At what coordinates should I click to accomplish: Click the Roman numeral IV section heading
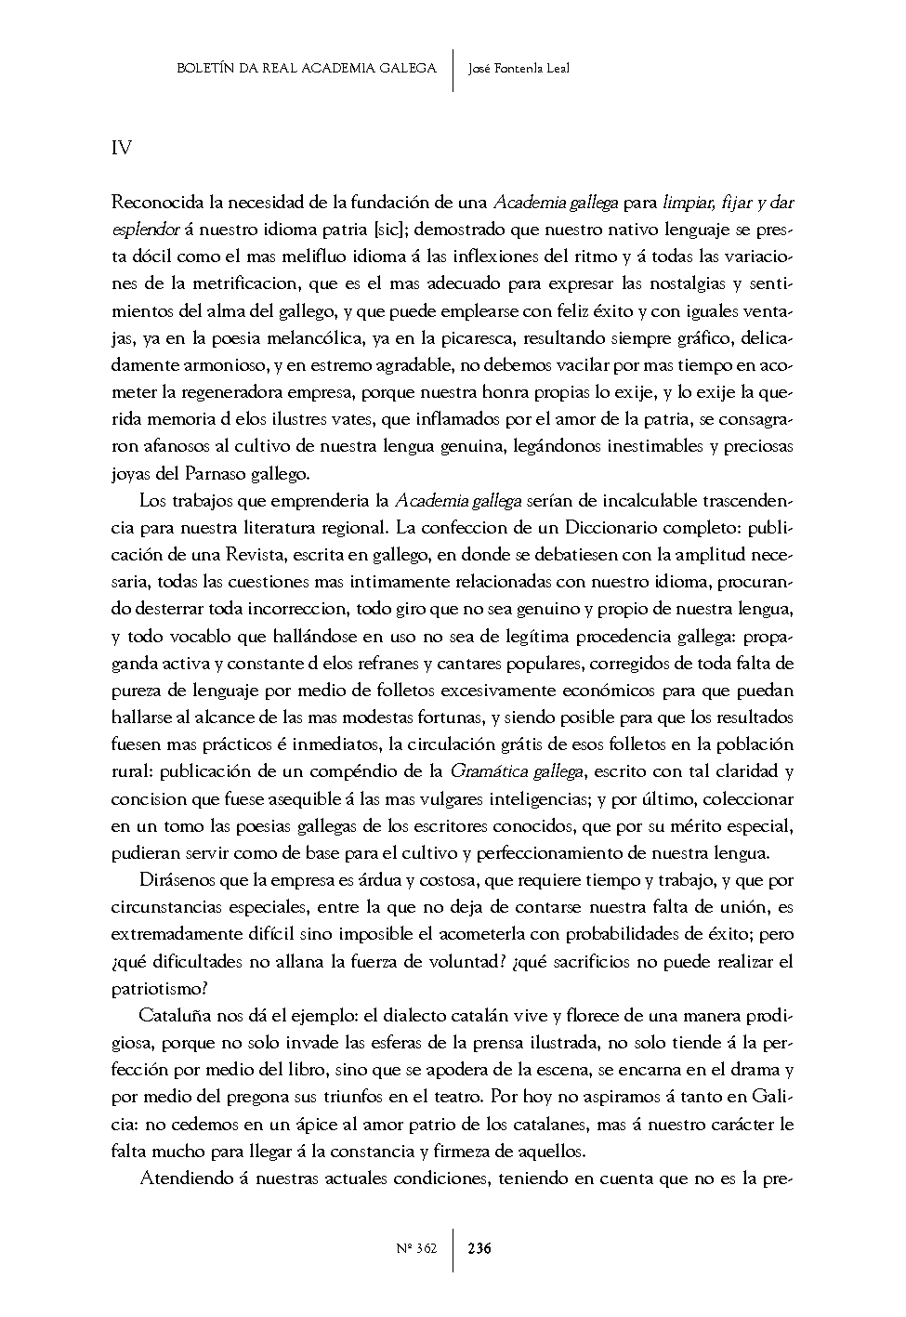tap(121, 148)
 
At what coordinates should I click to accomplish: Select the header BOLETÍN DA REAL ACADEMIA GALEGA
tap(306, 68)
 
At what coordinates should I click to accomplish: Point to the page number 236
tap(479, 1248)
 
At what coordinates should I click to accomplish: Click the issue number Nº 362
tap(415, 1248)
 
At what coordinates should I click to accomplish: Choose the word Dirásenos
tap(178, 879)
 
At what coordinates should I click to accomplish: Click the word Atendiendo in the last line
tap(182, 1179)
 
